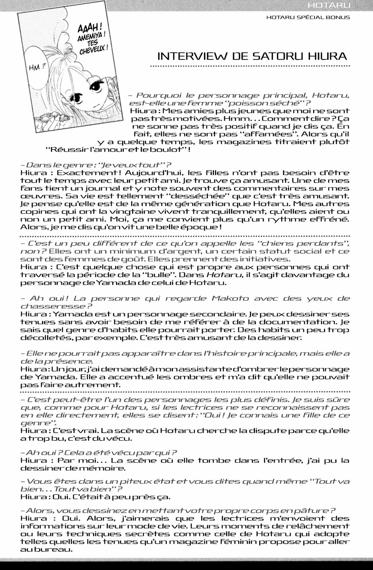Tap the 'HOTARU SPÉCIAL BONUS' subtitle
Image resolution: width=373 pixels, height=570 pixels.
click(x=308, y=17)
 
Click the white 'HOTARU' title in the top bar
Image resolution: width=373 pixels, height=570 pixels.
click(x=329, y=5)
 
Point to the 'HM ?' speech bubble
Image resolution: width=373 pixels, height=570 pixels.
click(x=37, y=66)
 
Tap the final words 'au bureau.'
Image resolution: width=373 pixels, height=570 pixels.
click(x=44, y=549)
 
